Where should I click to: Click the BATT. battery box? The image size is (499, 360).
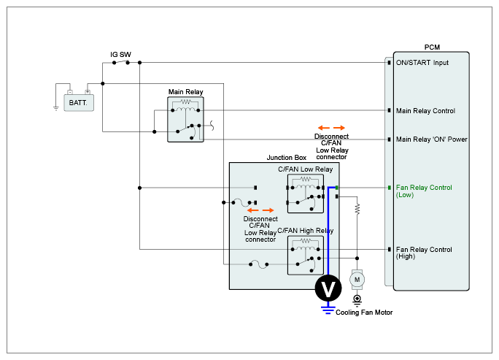click(x=78, y=103)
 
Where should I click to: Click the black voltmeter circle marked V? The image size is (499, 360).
click(x=328, y=288)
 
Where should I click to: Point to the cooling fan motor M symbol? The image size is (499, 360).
click(x=357, y=279)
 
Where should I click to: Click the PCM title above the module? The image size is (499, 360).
click(x=432, y=47)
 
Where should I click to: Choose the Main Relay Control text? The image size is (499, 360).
click(x=425, y=111)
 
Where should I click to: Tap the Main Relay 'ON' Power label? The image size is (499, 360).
click(x=431, y=139)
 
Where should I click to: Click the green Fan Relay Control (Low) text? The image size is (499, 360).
click(x=424, y=191)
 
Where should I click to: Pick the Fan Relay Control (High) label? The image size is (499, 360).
click(x=424, y=253)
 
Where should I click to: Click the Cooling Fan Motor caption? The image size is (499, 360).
click(x=364, y=313)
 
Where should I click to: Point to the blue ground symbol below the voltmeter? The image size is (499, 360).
click(x=328, y=309)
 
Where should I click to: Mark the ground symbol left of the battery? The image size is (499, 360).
click(x=55, y=107)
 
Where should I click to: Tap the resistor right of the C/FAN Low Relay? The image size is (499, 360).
click(x=357, y=209)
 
